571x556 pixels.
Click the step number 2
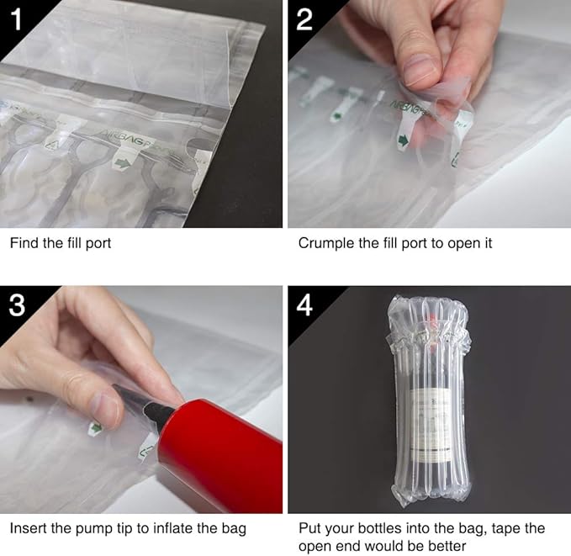point(304,19)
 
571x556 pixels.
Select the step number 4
point(304,305)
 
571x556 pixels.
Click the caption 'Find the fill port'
point(61,243)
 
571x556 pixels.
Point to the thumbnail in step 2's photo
point(420,67)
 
